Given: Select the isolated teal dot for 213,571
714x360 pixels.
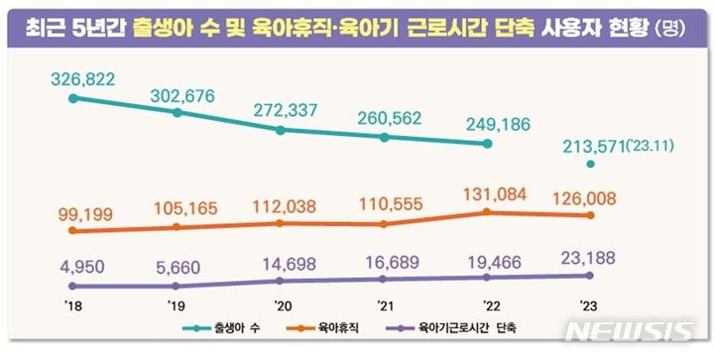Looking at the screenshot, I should pyautogui.click(x=590, y=164).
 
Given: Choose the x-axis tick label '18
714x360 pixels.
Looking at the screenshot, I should pyautogui.click(x=72, y=306).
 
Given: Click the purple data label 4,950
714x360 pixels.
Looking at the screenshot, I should pyautogui.click(x=81, y=266).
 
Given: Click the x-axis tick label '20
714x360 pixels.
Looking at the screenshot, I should pyautogui.click(x=282, y=306).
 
